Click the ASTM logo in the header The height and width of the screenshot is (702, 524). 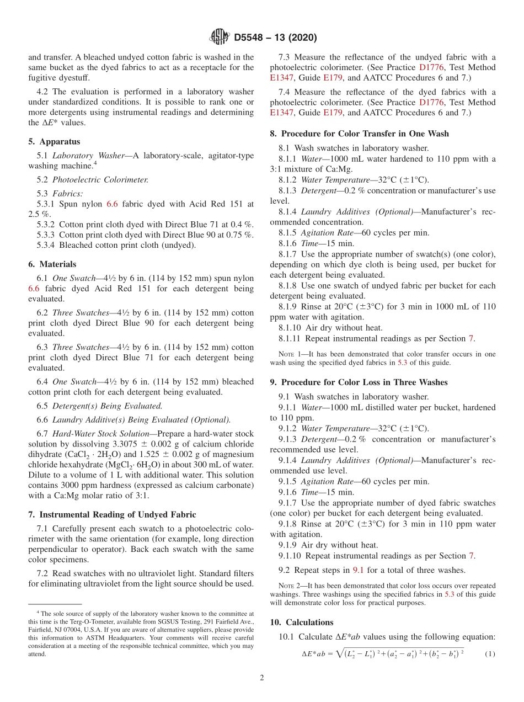click(x=220, y=38)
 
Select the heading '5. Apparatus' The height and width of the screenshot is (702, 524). click(x=54, y=141)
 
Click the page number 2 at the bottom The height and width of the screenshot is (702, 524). click(x=262, y=678)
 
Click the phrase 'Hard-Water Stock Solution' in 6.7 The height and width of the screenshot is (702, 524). click(x=99, y=434)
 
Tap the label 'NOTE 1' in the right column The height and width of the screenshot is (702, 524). click(x=288, y=354)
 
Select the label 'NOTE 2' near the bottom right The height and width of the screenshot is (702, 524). click(x=288, y=586)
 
